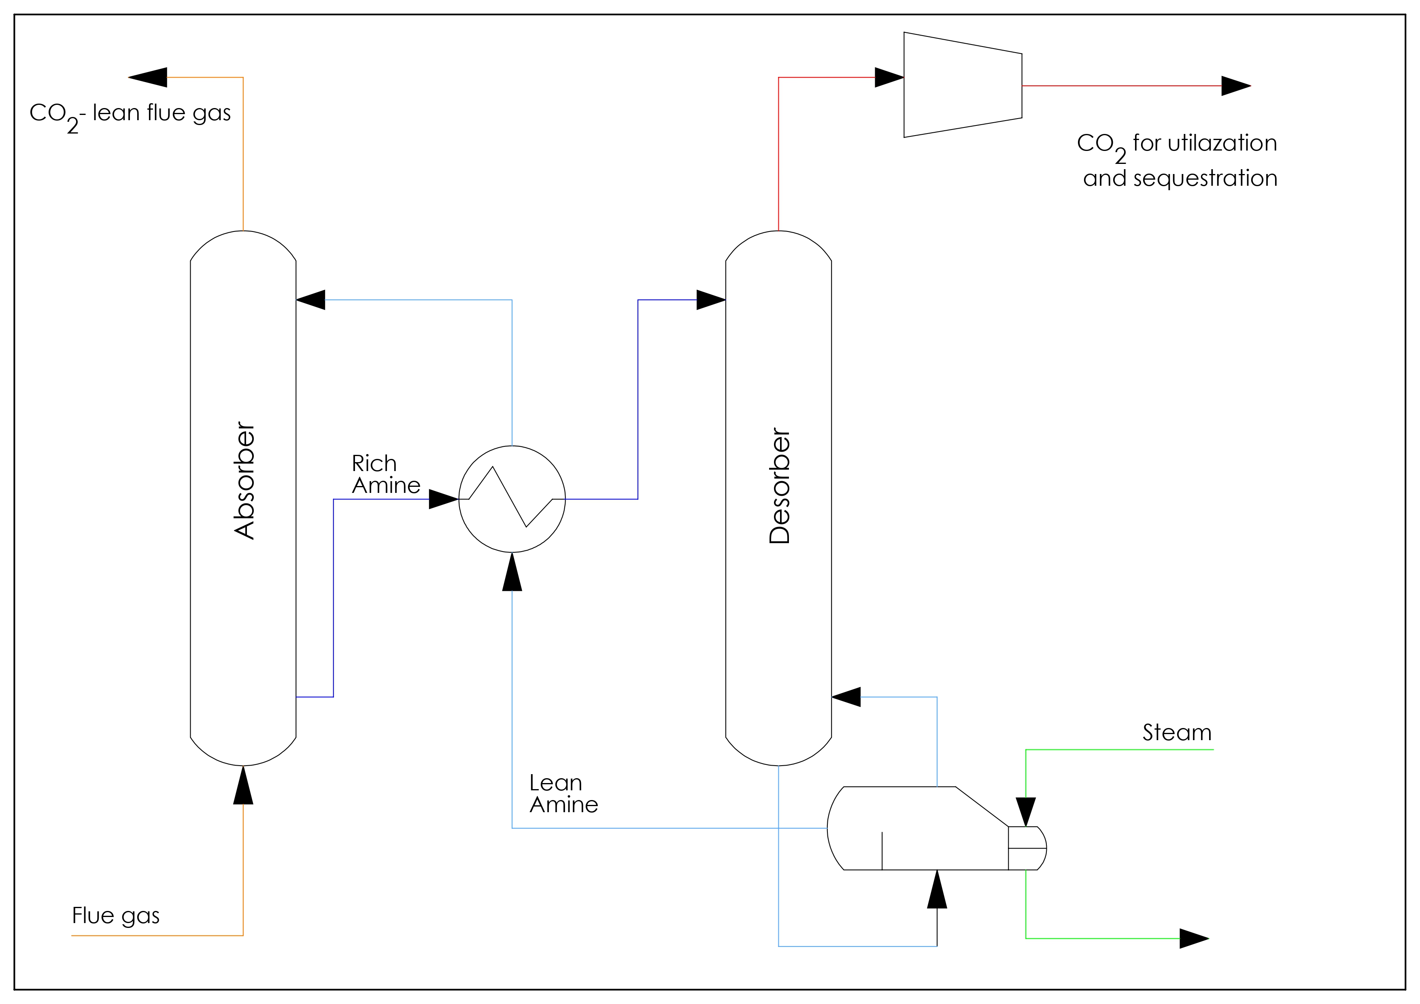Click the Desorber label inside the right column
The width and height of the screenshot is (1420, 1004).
tap(779, 486)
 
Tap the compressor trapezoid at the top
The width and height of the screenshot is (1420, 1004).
tap(962, 85)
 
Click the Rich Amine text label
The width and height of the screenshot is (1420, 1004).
tap(385, 474)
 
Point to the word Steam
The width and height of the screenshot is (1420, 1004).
tap(1176, 732)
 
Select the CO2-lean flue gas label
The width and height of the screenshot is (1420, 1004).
tap(130, 115)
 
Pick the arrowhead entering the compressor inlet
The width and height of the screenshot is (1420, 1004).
tap(889, 77)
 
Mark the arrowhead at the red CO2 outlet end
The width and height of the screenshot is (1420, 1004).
tap(1236, 86)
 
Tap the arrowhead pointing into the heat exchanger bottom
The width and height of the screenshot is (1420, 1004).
tap(512, 572)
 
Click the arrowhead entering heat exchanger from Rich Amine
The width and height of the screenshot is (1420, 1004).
tap(443, 499)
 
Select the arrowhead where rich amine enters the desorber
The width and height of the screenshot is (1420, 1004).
tap(711, 300)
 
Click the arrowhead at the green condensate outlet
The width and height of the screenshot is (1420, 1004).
tap(1194, 938)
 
